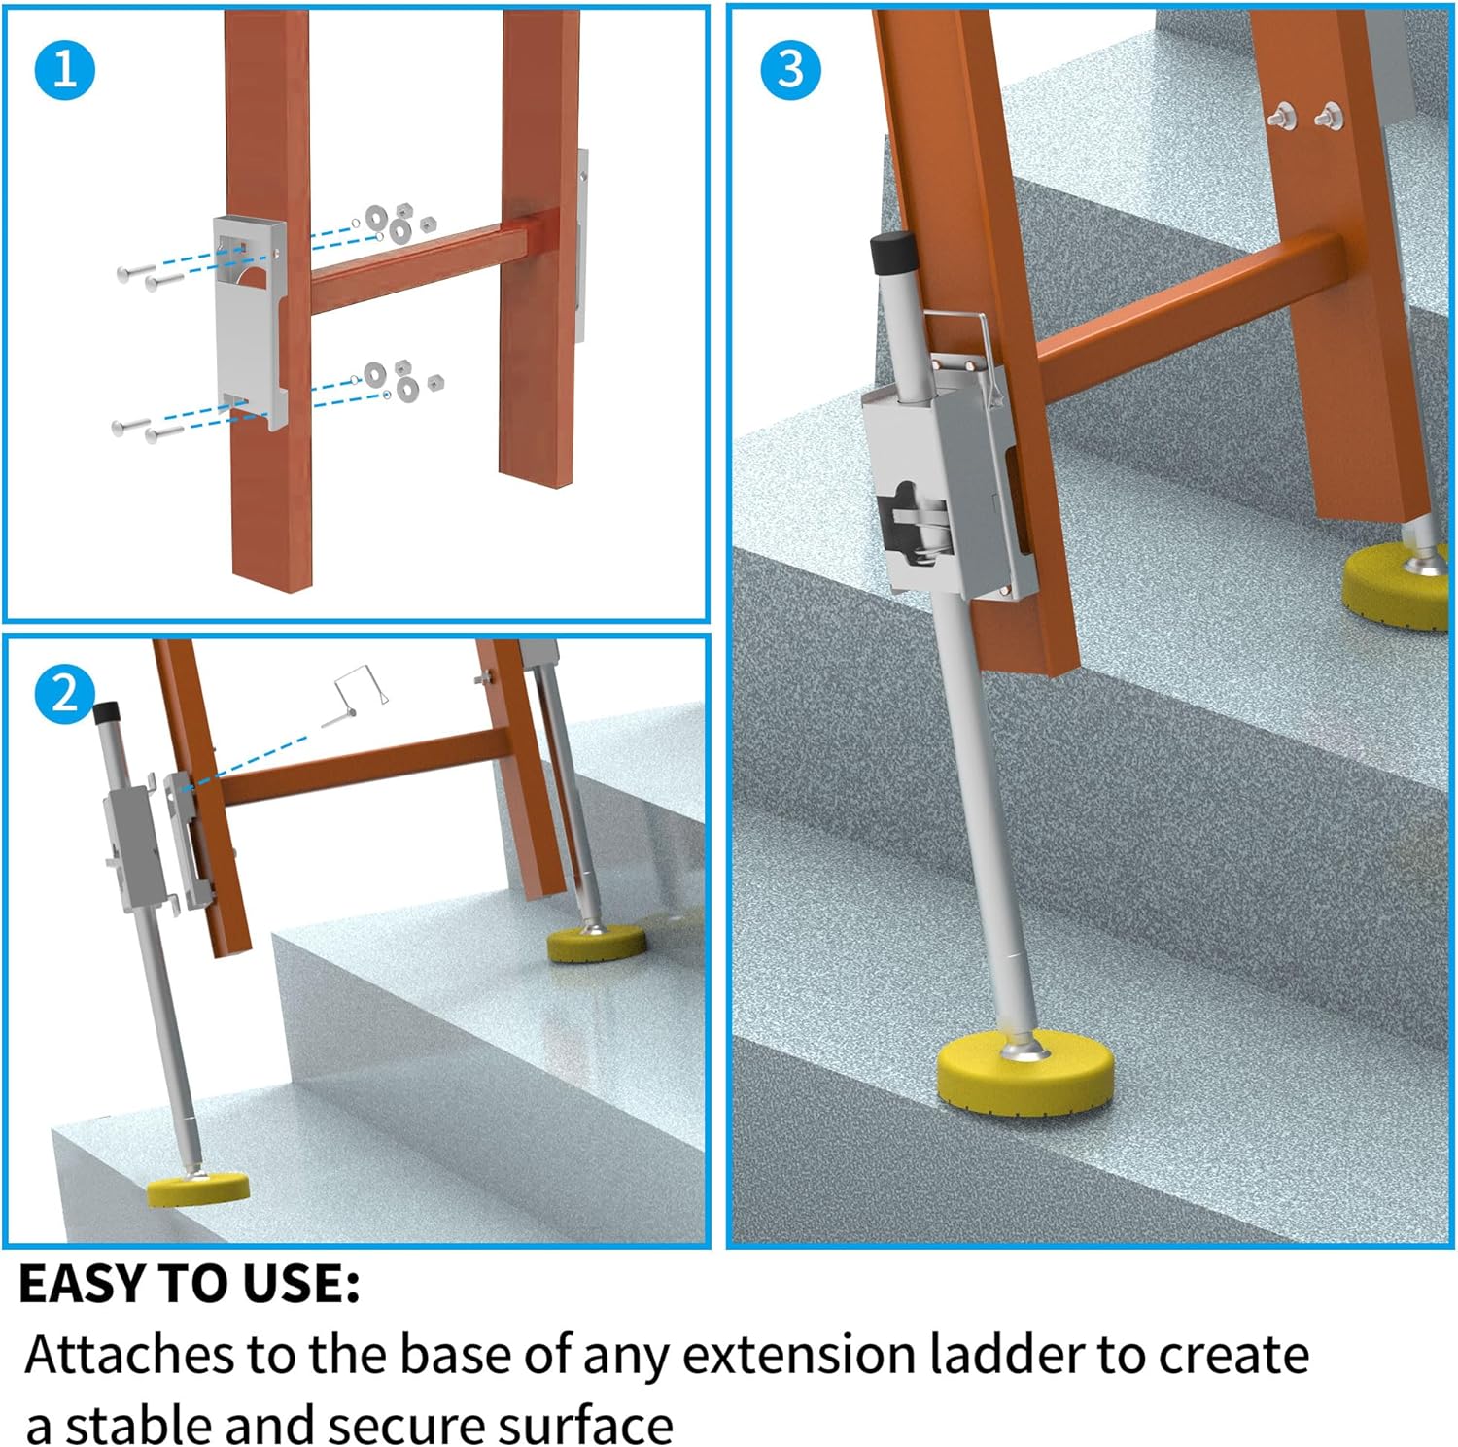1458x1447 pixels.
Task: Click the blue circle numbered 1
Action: click(64, 70)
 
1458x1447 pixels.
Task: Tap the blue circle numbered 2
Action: click(64, 694)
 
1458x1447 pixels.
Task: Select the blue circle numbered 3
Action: click(790, 70)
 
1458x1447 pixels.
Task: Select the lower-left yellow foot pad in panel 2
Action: click(198, 1189)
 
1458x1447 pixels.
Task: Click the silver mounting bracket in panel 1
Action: click(249, 321)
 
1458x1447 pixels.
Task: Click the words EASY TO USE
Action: click(190, 1284)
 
